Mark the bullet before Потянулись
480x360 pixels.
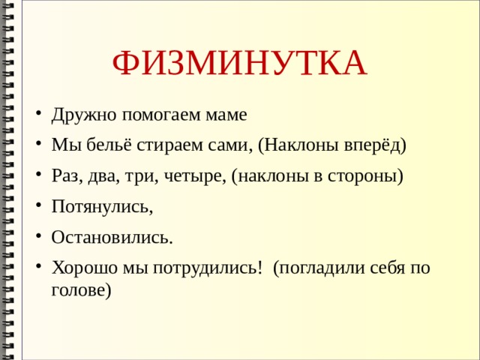click(x=38, y=207)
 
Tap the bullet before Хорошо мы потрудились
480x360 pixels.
click(x=38, y=268)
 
